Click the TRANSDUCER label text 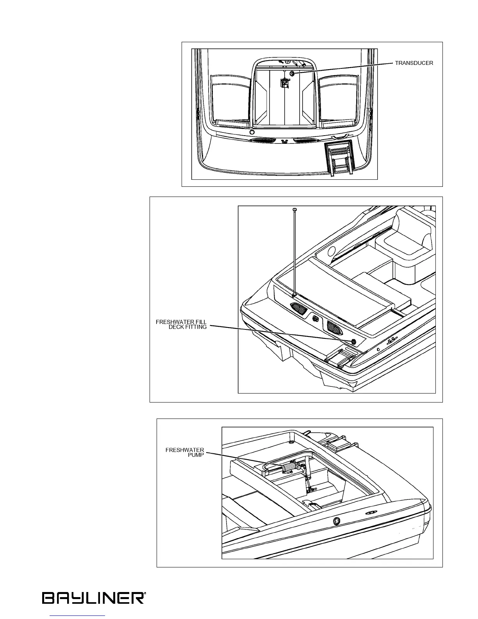pyautogui.click(x=414, y=63)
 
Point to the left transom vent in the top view pyautogui.click(x=259, y=141)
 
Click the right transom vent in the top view pyautogui.click(x=304, y=140)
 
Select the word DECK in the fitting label pyautogui.click(x=176, y=327)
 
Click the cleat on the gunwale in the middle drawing pyautogui.click(x=390, y=340)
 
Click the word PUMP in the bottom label pyautogui.click(x=196, y=456)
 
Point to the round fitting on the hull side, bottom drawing pyautogui.click(x=336, y=521)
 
